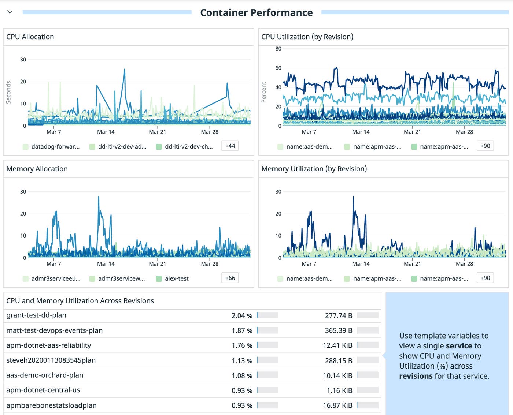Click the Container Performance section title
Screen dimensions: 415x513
[x=256, y=12]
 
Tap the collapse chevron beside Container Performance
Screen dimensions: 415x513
[x=10, y=12]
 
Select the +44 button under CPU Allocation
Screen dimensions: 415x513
[x=230, y=146]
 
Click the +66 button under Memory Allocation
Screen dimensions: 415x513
[x=230, y=278]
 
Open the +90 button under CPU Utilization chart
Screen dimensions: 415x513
[x=485, y=146]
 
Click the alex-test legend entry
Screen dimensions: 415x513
[x=176, y=278]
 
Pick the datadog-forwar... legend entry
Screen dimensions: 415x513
[x=55, y=147]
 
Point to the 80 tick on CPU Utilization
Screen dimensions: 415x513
[x=278, y=49]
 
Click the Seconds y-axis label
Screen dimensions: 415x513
[x=8, y=92]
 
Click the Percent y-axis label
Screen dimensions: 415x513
[x=263, y=92]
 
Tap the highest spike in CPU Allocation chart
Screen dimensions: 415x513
[x=125, y=70]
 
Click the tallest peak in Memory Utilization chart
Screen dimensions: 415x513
[x=353, y=197]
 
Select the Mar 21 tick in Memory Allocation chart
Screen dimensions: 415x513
[x=157, y=264]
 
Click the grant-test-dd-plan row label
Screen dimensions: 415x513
[x=36, y=315]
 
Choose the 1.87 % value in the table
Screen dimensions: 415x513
[x=242, y=330]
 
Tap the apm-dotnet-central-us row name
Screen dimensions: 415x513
[x=43, y=390]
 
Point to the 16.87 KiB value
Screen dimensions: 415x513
[x=337, y=405]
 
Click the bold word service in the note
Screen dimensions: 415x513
[x=459, y=346]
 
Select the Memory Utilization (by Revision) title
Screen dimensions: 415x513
[x=314, y=169]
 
